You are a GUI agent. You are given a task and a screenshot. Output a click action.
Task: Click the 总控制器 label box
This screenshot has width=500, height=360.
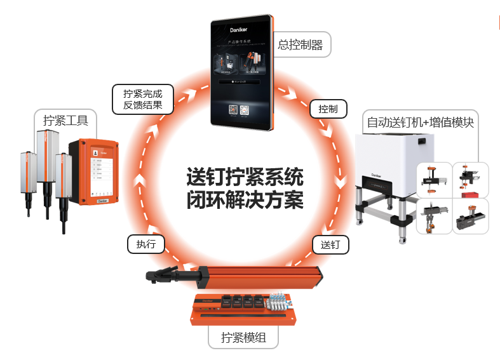pos(301,45)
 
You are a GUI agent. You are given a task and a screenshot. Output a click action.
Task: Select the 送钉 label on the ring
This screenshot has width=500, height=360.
pos(330,244)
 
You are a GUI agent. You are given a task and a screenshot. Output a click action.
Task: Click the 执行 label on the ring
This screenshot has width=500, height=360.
pos(145,244)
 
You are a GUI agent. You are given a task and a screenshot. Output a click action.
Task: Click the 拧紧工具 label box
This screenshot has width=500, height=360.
pos(65,120)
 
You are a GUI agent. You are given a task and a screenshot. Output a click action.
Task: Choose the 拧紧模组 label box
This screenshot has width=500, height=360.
pos(243,337)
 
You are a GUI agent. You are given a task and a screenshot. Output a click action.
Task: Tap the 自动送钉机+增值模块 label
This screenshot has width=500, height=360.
pos(420,122)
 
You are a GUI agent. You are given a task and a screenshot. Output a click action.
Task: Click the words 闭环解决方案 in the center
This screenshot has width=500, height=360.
pos(245,200)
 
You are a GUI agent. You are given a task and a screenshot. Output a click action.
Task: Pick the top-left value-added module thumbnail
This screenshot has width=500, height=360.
pos(434,180)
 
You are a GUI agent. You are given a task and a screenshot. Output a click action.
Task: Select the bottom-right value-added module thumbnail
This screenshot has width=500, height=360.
pos(471,216)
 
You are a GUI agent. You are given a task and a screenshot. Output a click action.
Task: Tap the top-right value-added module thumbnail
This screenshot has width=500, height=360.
pos(471,180)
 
